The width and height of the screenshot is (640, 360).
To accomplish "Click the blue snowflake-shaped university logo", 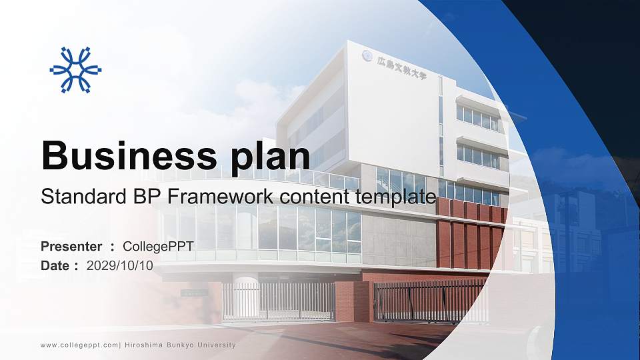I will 75,69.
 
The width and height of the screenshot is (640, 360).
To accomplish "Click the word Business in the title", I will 121,156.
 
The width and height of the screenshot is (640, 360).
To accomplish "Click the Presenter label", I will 71,247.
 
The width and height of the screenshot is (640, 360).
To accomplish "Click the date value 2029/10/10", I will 120,265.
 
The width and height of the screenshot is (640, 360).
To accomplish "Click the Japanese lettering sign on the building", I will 401,69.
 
